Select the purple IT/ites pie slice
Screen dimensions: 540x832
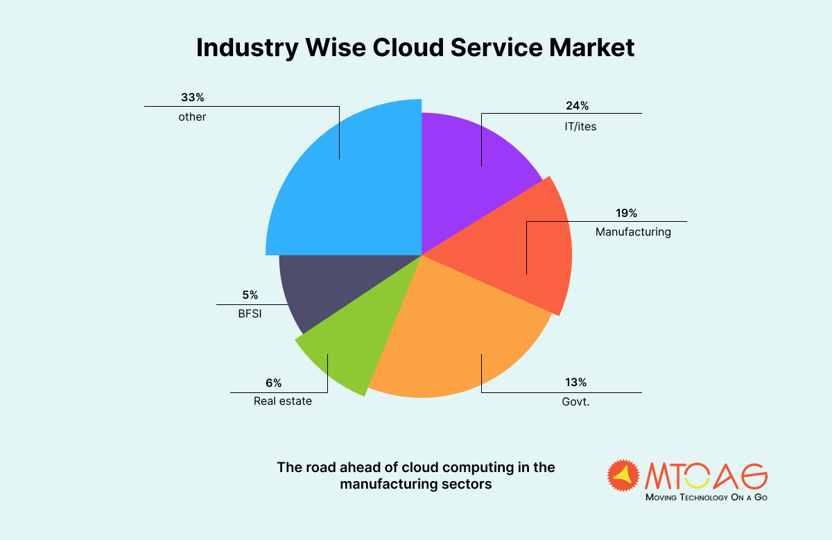click(465, 173)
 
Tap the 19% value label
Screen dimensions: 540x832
click(626, 214)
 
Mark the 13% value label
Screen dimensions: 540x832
click(575, 382)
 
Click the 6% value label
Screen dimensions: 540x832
click(273, 383)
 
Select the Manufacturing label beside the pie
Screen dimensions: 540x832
click(633, 232)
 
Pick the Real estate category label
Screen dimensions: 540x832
click(282, 401)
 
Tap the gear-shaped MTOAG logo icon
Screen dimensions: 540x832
click(623, 476)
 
